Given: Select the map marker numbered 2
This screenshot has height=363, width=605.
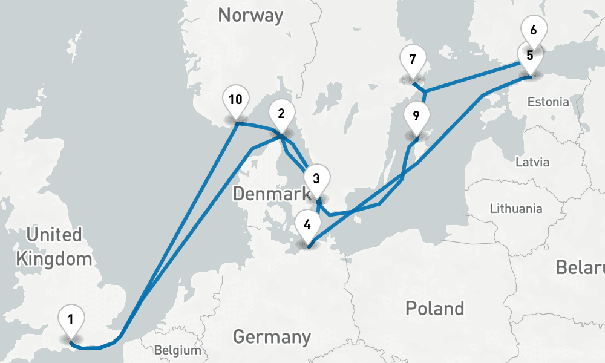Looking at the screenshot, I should (x=281, y=113).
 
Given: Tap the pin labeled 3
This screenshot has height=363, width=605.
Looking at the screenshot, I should (x=316, y=178).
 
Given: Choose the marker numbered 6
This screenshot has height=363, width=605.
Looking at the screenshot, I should (x=534, y=28).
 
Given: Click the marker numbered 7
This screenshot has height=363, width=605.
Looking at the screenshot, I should (x=413, y=59).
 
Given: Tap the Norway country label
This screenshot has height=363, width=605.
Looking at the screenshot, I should (x=250, y=15).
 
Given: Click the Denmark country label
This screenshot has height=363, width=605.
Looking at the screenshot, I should (x=270, y=194).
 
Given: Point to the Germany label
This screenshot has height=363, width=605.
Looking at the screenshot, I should (x=272, y=336).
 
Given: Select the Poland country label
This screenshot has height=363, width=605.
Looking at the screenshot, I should (x=435, y=308).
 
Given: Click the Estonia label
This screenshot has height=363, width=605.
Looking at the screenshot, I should (x=548, y=102).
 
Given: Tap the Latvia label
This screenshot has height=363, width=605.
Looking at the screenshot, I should (x=532, y=162).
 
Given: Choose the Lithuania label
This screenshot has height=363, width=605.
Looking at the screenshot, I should (x=516, y=209).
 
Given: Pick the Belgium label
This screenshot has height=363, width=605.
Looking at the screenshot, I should (x=177, y=350).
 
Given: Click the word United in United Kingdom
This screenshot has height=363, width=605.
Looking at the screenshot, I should (x=54, y=235).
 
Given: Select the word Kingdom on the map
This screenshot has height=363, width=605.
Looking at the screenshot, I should (x=54, y=260).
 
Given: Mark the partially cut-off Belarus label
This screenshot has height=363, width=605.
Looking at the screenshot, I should (x=581, y=267).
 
